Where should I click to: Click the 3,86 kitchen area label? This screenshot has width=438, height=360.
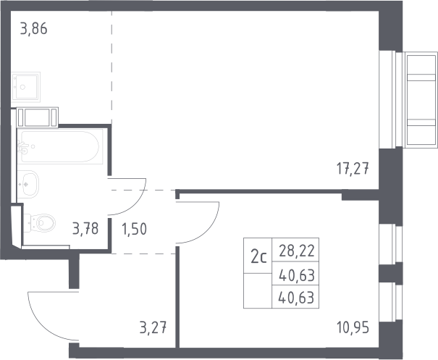point(34,29)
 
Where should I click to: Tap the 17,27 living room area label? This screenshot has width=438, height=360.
point(353,169)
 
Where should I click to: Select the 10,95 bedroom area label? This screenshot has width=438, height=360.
point(353,327)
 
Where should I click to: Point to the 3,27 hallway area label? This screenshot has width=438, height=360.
point(153,327)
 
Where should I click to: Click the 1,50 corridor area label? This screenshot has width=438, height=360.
point(134,229)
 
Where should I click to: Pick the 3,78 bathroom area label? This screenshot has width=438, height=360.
point(85,228)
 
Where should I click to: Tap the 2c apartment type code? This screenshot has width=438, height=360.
point(258,257)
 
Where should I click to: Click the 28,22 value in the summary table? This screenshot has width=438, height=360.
point(297,251)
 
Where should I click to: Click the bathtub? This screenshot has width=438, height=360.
point(60,146)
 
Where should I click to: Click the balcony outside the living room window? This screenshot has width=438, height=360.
point(421,100)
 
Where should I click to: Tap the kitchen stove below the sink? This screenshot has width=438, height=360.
point(37,117)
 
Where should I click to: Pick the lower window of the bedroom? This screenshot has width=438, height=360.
point(391,302)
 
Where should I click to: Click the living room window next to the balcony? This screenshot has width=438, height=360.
point(391,99)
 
